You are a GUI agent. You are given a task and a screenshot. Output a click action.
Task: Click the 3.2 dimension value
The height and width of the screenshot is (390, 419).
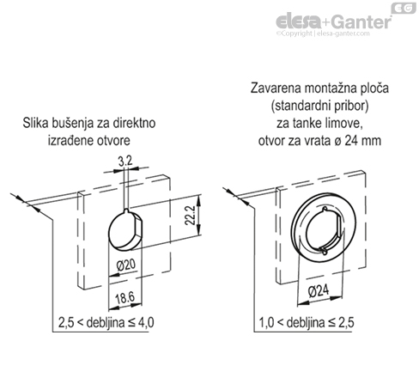(125, 161)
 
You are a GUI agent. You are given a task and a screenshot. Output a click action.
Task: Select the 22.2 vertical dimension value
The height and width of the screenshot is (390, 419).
(190, 216)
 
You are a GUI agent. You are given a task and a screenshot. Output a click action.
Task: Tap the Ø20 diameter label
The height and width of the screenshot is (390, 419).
(126, 265)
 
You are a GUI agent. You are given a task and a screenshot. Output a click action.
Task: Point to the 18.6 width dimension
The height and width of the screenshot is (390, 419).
(124, 298)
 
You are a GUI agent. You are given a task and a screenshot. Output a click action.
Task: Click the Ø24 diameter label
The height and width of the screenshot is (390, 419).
(319, 291)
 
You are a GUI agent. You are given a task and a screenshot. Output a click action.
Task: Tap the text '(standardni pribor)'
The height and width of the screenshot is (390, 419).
(319, 106)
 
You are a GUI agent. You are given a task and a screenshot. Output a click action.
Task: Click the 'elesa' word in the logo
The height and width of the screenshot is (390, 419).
(298, 21)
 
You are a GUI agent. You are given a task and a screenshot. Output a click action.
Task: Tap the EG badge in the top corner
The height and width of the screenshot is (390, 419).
(403, 8)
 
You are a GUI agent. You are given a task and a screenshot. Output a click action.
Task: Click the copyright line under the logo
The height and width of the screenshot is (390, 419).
(323, 34)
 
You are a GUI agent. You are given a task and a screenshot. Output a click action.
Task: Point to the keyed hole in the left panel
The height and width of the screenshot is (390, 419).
(125, 230)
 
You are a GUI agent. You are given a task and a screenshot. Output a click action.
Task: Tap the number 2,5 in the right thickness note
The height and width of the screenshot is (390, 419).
(346, 323)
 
